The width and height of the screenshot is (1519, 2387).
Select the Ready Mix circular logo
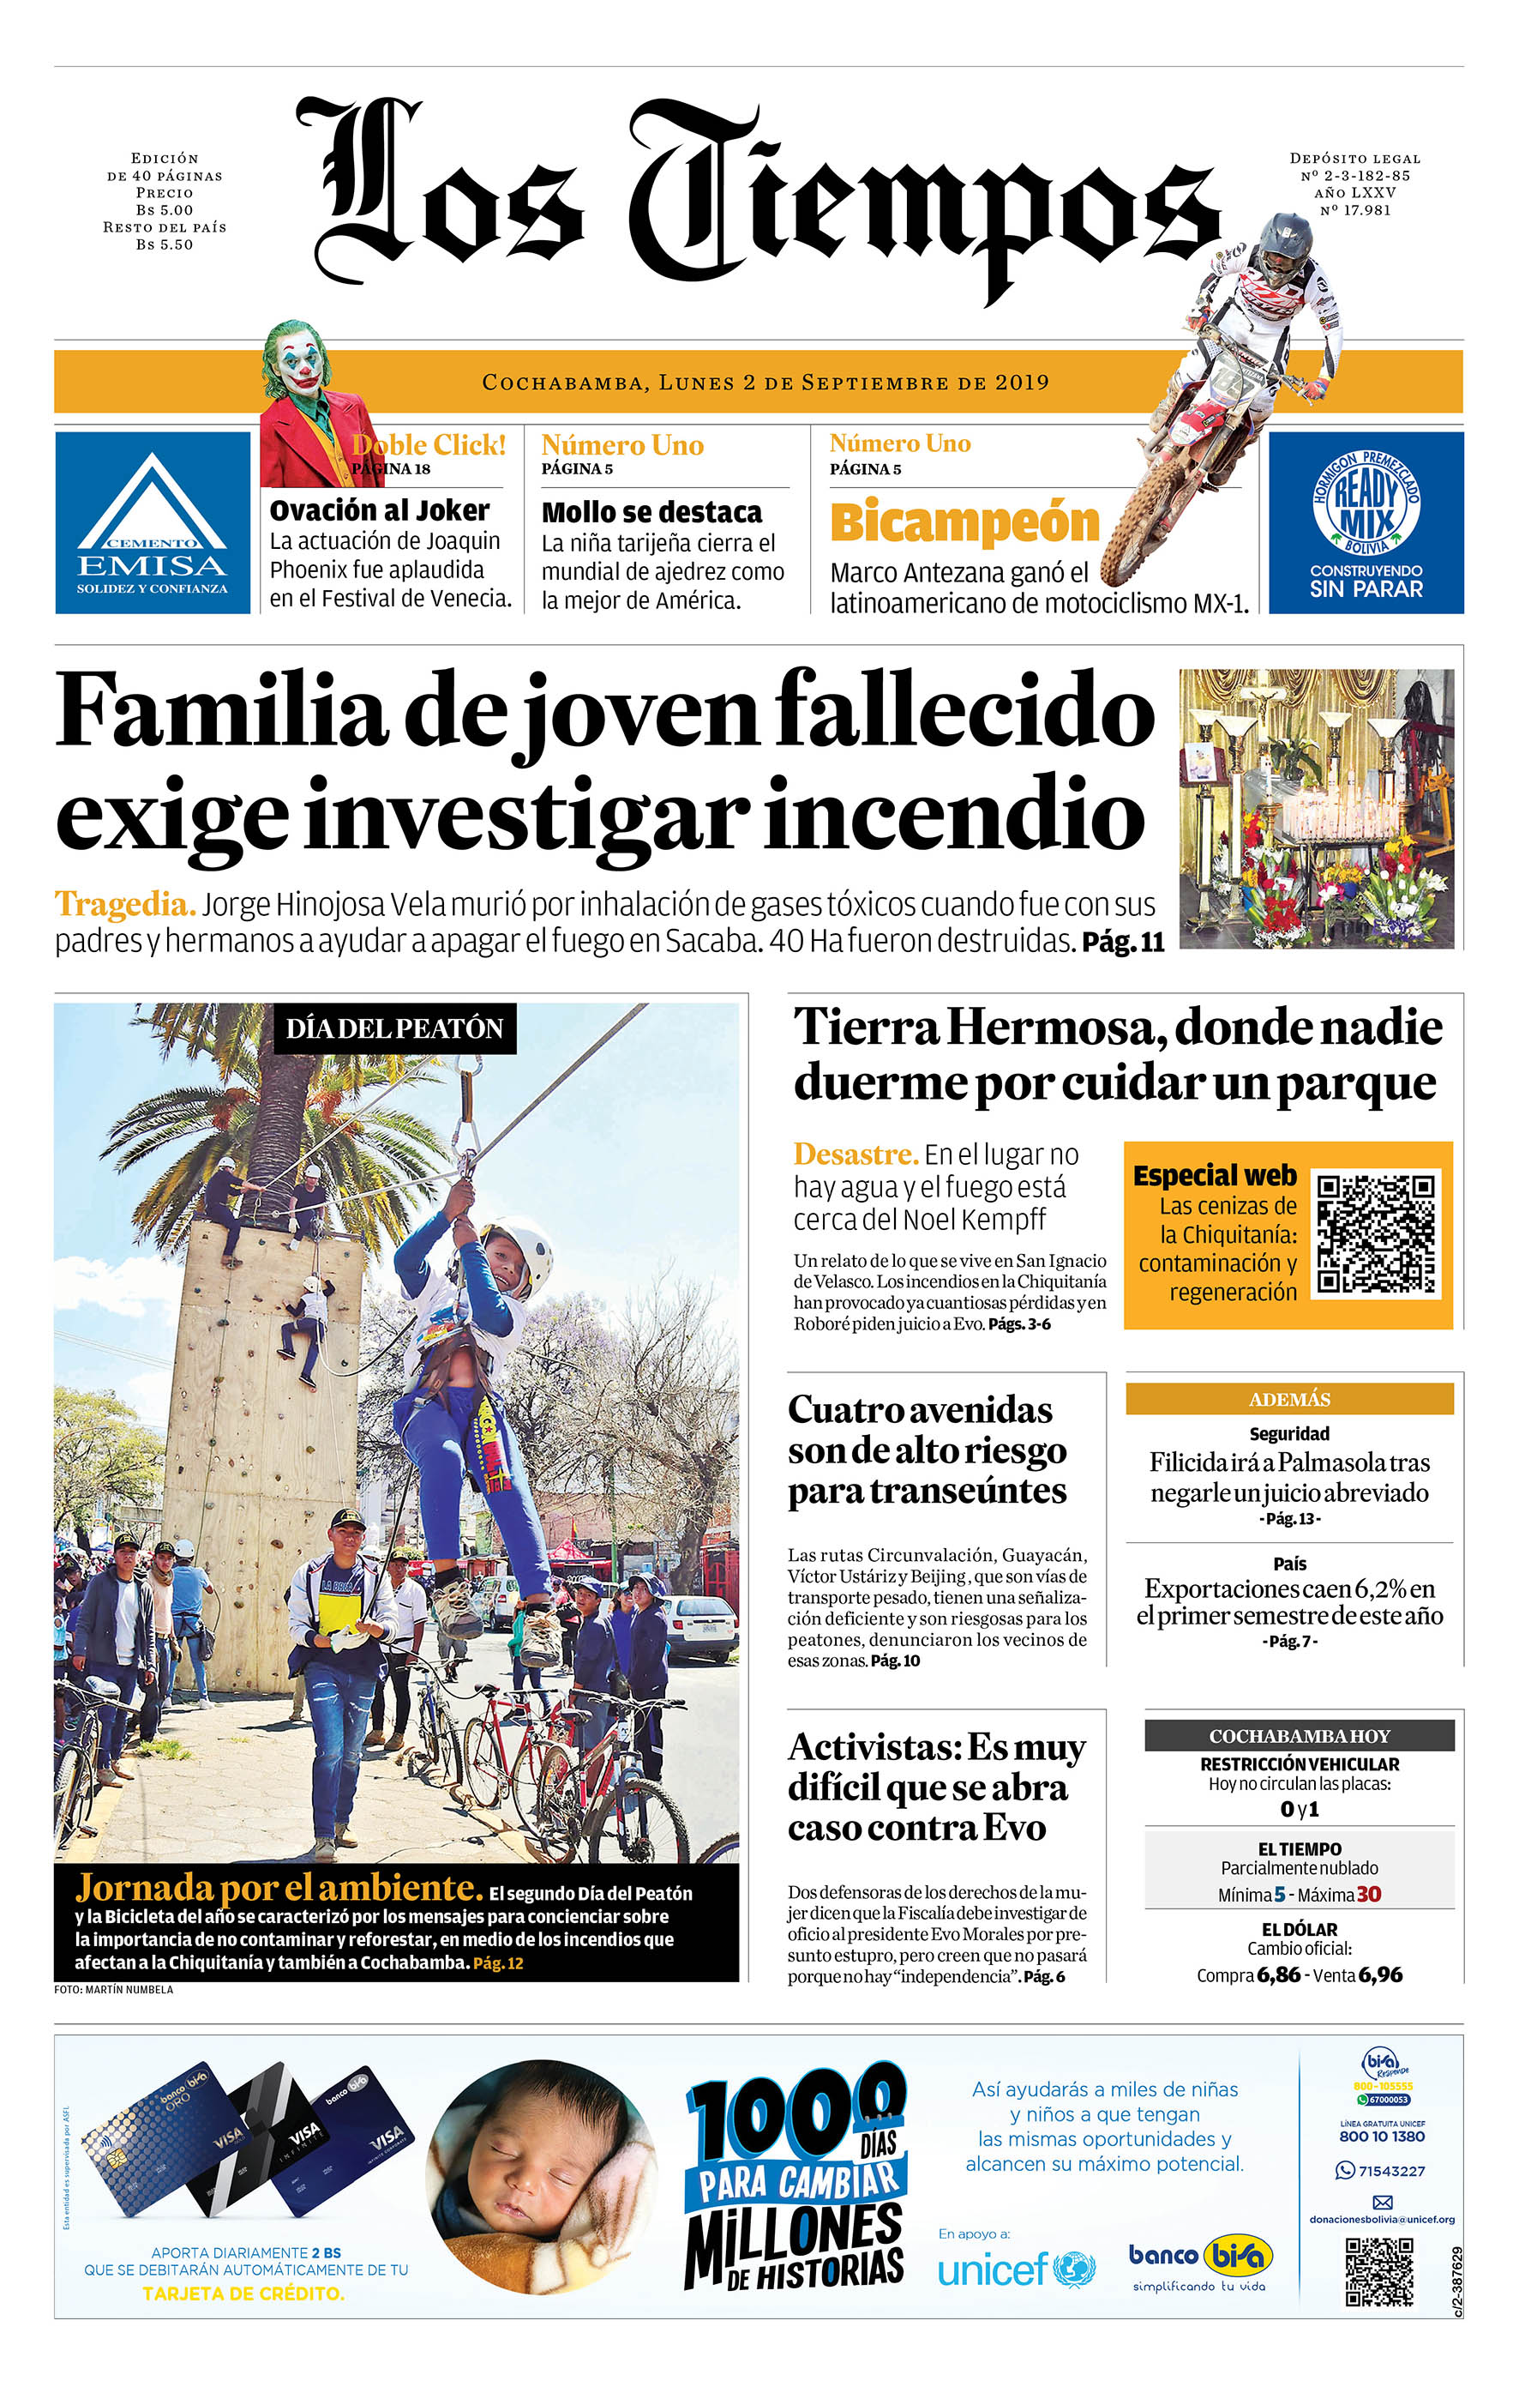[x=1366, y=503]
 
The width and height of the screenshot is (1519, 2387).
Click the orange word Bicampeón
[x=964, y=522]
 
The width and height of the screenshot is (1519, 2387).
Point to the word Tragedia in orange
[x=123, y=904]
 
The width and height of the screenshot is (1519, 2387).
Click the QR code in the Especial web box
[x=1375, y=1233]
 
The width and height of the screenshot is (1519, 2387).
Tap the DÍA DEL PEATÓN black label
[x=394, y=1028]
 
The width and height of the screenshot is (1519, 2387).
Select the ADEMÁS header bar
[x=1288, y=1399]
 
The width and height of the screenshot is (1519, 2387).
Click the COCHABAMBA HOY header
[x=1299, y=1735]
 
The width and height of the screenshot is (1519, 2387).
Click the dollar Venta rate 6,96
[x=1379, y=1974]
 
